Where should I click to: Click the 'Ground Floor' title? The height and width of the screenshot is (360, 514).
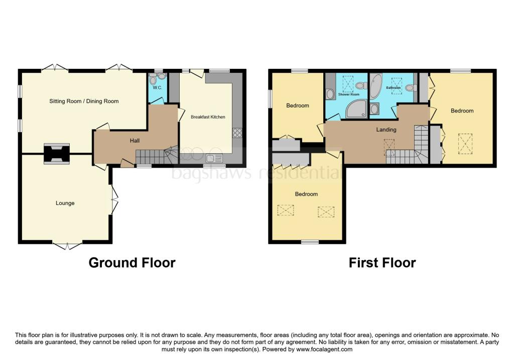(132, 263)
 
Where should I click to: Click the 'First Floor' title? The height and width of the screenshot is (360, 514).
(382, 263)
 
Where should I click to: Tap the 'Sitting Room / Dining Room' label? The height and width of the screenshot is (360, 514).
(84, 101)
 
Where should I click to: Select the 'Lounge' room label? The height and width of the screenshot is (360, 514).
(65, 203)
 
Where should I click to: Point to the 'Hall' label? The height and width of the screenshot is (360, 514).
(135, 140)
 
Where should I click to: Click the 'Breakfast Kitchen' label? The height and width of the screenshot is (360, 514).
(208, 116)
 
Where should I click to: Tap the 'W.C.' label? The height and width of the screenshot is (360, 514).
(157, 87)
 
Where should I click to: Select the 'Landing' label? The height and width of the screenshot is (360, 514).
(386, 130)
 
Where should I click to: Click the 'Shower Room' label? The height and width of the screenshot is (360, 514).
(349, 94)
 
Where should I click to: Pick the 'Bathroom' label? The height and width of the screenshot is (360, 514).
(394, 88)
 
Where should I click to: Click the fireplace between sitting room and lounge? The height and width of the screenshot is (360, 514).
(57, 154)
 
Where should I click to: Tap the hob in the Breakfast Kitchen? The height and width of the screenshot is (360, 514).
(237, 133)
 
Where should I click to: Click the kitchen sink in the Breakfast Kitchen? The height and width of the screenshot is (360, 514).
(214, 158)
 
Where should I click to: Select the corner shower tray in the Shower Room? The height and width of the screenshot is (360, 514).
(357, 108)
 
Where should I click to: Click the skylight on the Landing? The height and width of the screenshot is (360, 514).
(389, 147)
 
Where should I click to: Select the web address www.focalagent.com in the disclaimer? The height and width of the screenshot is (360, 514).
(324, 349)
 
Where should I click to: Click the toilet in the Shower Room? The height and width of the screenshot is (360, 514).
(362, 85)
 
